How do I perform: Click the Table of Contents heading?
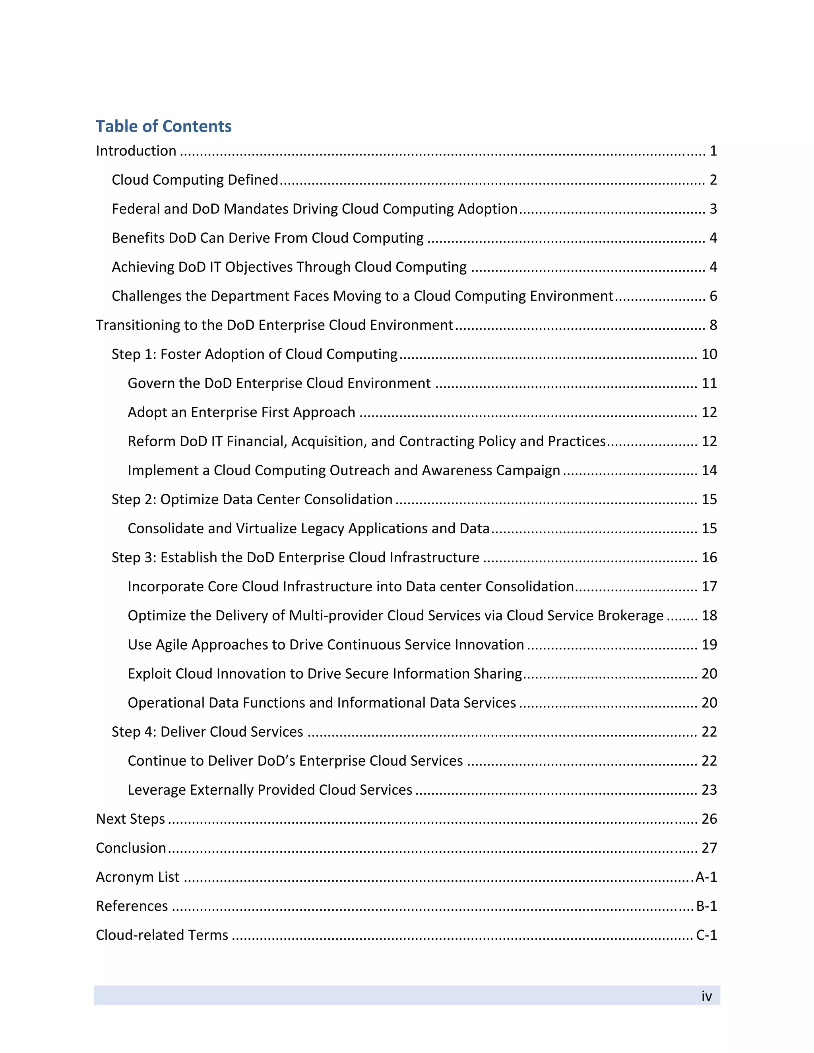click(x=163, y=126)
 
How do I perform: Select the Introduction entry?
click(x=136, y=151)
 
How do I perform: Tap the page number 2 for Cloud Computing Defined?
click(x=713, y=180)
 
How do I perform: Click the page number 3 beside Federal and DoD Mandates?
click(x=713, y=209)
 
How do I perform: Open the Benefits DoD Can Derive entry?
click(x=267, y=238)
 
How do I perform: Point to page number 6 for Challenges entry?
click(x=713, y=296)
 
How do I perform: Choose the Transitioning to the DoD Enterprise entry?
click(x=274, y=325)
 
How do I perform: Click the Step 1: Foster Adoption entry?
click(x=255, y=354)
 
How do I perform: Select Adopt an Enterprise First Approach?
click(x=241, y=412)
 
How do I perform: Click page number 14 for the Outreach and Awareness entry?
click(x=709, y=470)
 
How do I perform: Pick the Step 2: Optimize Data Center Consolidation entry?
click(x=252, y=499)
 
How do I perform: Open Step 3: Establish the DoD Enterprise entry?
click(x=295, y=557)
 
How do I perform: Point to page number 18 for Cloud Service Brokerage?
click(x=709, y=616)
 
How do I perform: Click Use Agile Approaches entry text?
click(x=326, y=645)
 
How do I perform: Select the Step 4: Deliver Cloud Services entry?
click(x=207, y=732)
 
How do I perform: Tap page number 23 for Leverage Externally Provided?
click(x=709, y=790)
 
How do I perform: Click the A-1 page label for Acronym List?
click(x=706, y=877)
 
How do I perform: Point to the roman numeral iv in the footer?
click(x=706, y=996)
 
